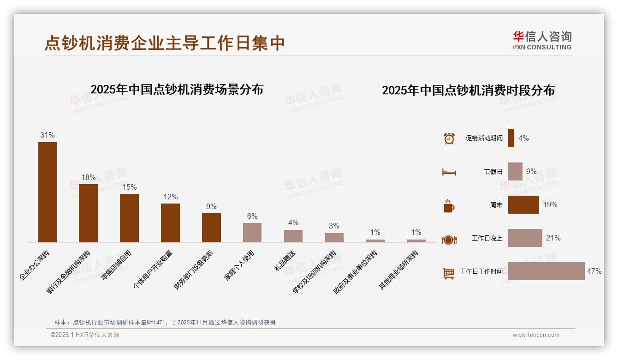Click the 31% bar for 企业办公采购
[x=48, y=192]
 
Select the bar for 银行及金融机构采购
[x=89, y=213]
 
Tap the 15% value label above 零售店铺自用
[x=130, y=187]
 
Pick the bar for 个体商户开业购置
[x=170, y=222]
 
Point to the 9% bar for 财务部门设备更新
[x=211, y=228]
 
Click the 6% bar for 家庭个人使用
[x=252, y=233]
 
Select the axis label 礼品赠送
[x=285, y=261]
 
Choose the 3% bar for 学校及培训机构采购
[x=334, y=238]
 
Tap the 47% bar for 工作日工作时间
[x=546, y=271]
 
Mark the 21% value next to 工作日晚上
[x=553, y=238]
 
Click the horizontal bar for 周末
[x=523, y=204]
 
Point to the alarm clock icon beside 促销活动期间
[x=449, y=138]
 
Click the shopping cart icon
[x=448, y=273]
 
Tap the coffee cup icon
[x=449, y=206]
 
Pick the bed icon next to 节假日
[x=449, y=172]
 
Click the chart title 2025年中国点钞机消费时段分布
[x=468, y=90]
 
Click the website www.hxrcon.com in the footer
[x=536, y=335]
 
